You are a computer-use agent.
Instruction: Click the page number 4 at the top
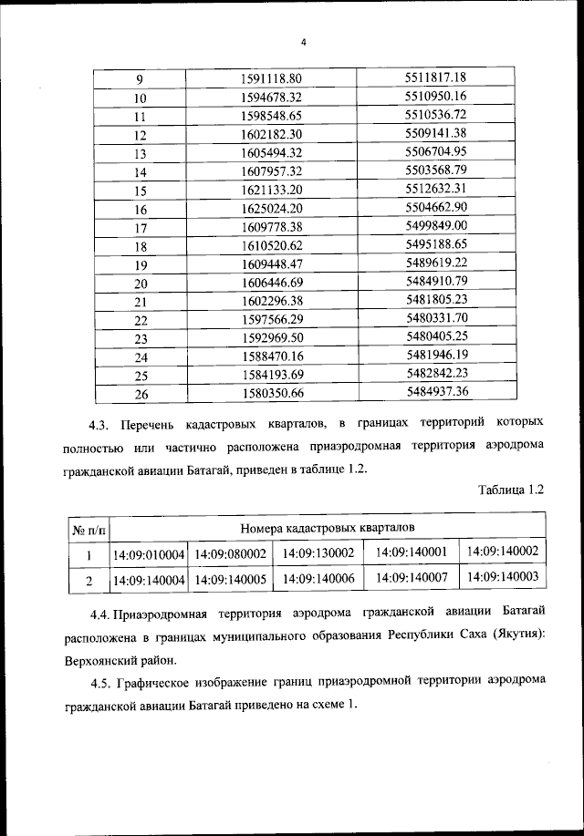(x=303, y=41)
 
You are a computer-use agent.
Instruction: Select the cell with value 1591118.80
(x=271, y=78)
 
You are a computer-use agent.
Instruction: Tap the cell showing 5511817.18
(x=435, y=77)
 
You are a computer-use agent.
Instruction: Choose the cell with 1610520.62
(x=271, y=246)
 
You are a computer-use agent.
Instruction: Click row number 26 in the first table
(x=141, y=394)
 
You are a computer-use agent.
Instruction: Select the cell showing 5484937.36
(x=435, y=391)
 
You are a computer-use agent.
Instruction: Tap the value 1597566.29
(x=271, y=320)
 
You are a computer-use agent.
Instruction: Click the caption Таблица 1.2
(x=511, y=490)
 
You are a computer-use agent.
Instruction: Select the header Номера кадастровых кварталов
(x=327, y=528)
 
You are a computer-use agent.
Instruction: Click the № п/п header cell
(x=89, y=529)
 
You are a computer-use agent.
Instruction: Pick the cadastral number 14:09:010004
(x=149, y=554)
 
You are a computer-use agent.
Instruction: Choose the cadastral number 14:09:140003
(x=503, y=577)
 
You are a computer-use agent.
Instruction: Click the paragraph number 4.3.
(x=99, y=424)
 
